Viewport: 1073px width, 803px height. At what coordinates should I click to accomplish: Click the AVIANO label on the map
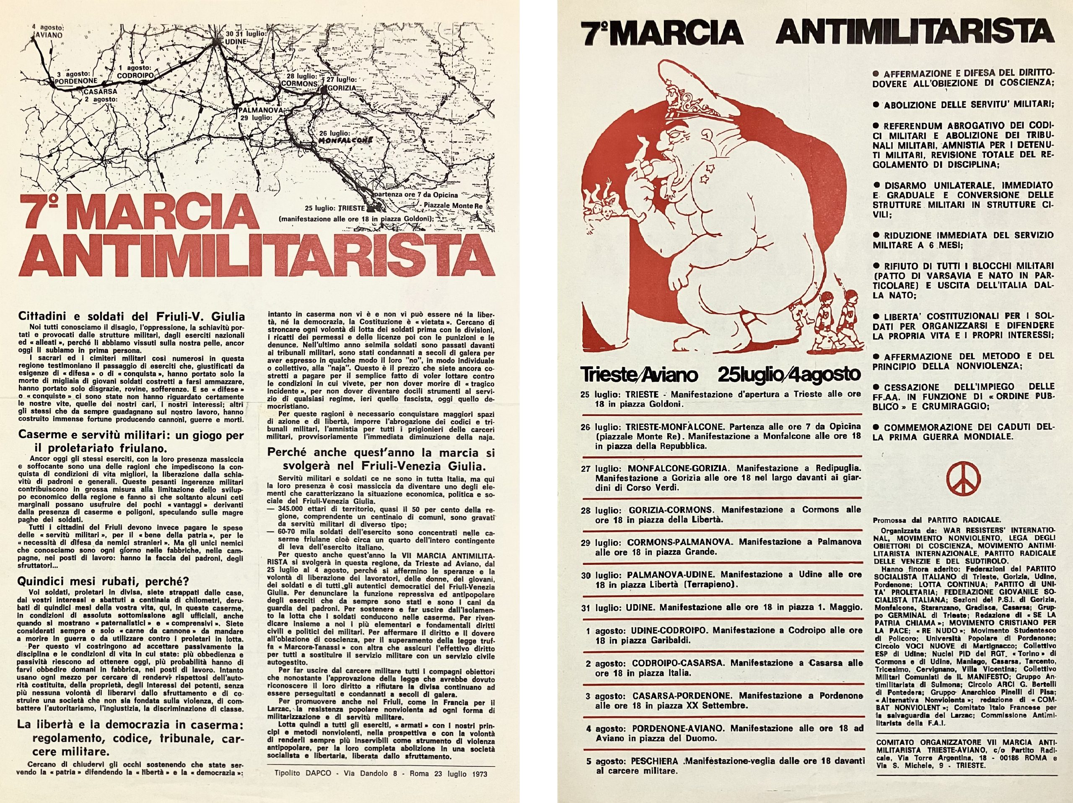50,35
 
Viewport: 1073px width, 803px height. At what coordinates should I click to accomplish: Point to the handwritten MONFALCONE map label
345,140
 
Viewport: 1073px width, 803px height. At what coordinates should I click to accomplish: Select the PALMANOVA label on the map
260,111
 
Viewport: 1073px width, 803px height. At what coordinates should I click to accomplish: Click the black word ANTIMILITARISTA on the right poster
915,33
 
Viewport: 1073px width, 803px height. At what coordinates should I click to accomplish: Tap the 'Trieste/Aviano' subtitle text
639,374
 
